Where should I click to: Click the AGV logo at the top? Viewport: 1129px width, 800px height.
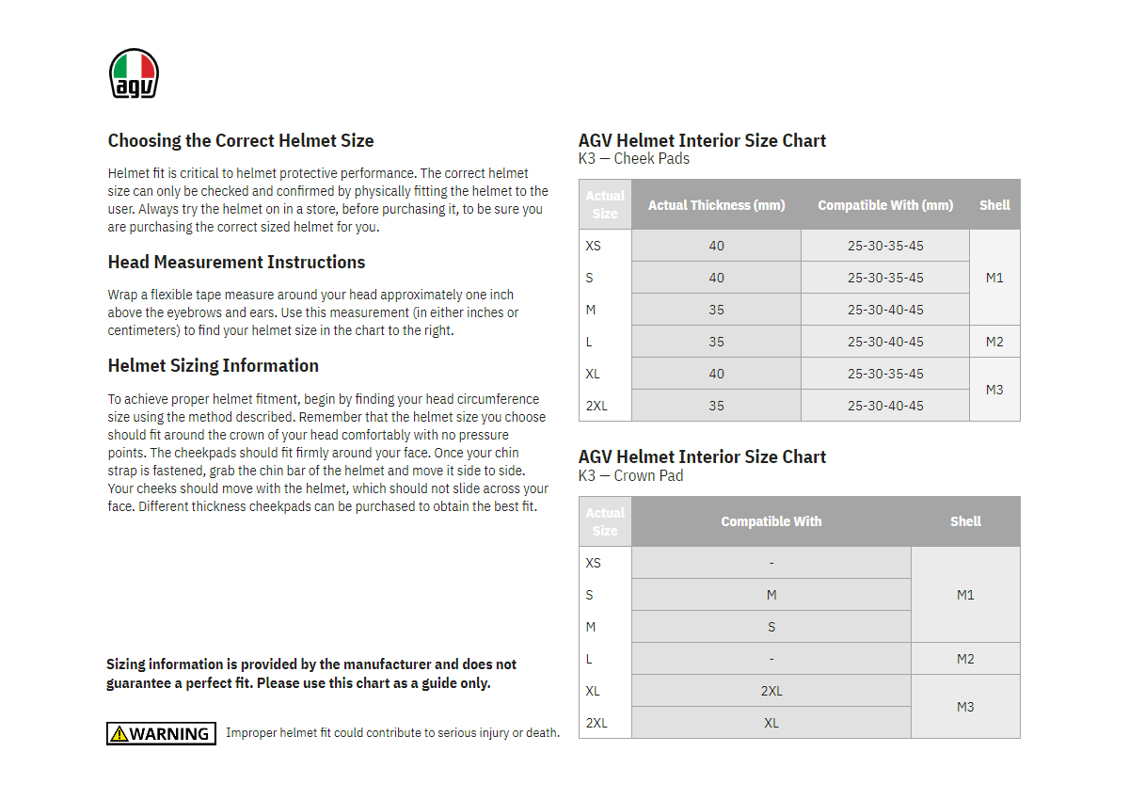pos(134,73)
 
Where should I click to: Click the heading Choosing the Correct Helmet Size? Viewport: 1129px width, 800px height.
pos(241,141)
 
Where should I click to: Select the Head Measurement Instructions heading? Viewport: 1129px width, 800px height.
pos(236,263)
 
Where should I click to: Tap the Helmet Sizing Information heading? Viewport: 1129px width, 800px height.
pos(214,366)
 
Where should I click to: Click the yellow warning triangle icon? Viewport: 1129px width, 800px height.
pos(119,734)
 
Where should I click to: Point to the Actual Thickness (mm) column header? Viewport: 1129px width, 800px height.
pos(716,205)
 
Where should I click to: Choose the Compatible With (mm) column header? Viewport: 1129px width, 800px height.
pos(885,205)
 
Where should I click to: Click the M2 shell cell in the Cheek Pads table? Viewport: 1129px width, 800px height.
pos(994,342)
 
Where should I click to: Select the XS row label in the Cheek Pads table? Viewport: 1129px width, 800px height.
pos(593,246)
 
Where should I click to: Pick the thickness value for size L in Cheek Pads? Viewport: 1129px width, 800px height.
pos(716,342)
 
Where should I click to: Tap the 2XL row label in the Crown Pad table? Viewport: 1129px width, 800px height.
pos(596,723)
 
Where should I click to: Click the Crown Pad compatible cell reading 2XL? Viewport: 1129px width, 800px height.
pos(771,691)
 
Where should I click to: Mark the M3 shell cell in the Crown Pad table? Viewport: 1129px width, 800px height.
pos(965,707)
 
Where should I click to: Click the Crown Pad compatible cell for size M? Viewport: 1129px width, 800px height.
pos(771,627)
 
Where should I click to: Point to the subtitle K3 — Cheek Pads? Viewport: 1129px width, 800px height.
pos(634,159)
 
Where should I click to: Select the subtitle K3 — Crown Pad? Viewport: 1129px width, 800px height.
pos(630,476)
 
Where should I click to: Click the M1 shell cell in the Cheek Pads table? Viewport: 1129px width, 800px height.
pos(994,278)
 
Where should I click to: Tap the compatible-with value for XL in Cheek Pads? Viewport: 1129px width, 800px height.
pos(885,374)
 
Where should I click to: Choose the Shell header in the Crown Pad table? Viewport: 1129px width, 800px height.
pos(965,521)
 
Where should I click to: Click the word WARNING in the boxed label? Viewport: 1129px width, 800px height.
pos(169,734)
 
